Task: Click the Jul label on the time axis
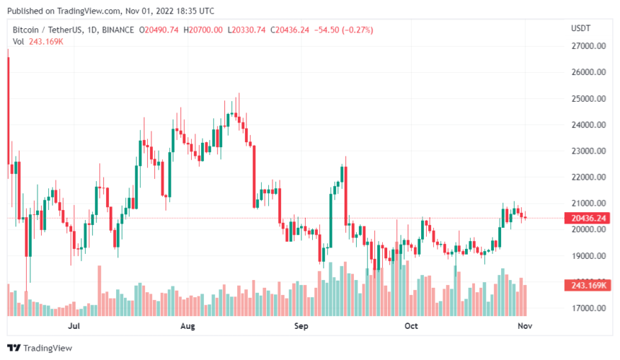click(74, 326)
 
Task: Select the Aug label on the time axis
click(187, 326)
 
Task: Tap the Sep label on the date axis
click(301, 326)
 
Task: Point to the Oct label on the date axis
click(411, 326)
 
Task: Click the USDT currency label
click(580, 28)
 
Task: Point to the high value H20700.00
click(204, 30)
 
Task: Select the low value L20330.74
click(247, 30)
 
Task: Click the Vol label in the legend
click(18, 41)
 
